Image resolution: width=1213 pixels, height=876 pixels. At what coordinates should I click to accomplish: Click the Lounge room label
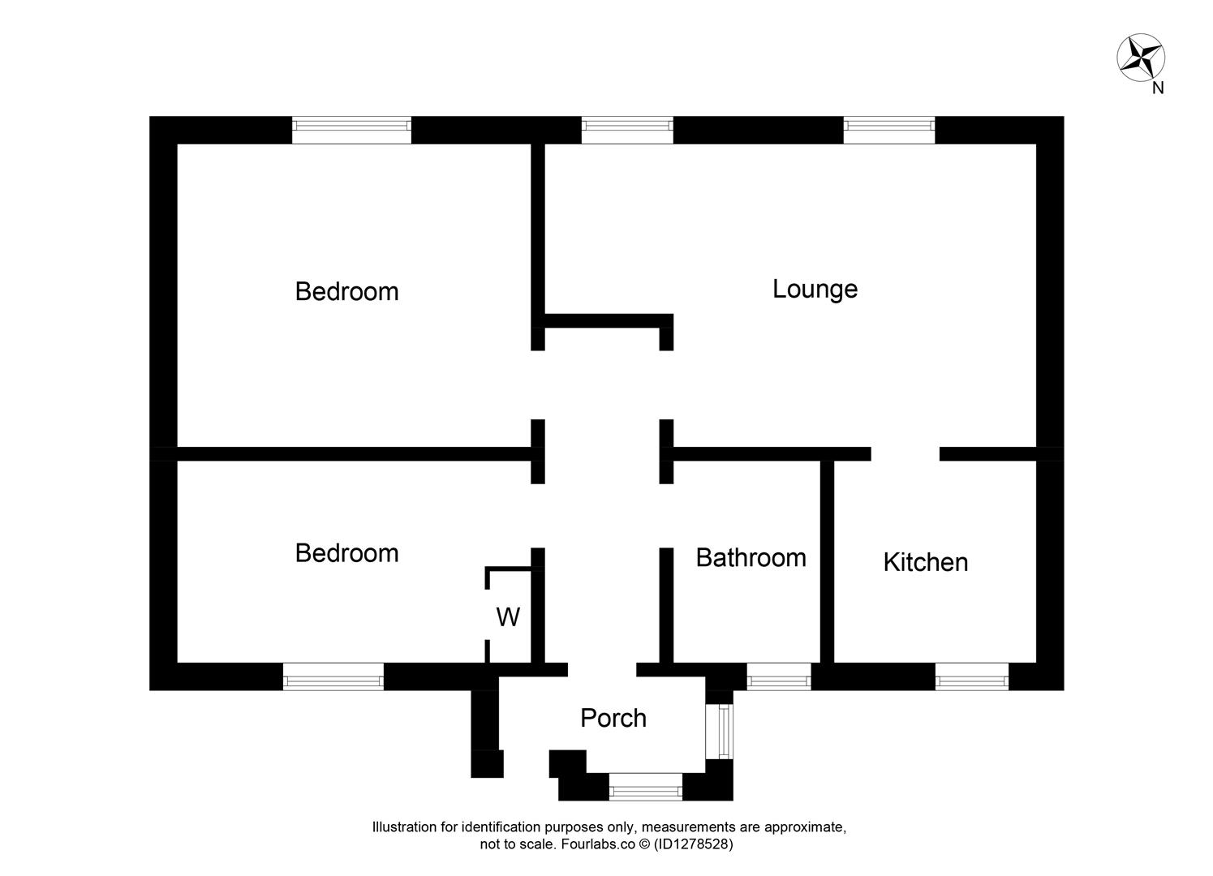[815, 289]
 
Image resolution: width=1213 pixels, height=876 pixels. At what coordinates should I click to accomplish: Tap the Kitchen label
[925, 562]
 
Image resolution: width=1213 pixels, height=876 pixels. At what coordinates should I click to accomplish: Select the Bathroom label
[751, 557]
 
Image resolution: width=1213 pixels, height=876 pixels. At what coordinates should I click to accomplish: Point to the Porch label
[613, 718]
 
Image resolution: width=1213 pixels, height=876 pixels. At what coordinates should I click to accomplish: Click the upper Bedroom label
[346, 291]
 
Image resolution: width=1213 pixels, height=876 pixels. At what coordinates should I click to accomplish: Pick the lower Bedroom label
[346, 553]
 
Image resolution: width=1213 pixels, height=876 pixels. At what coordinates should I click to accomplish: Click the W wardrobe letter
[508, 617]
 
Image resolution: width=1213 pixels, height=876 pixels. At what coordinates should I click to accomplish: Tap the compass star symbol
[1141, 58]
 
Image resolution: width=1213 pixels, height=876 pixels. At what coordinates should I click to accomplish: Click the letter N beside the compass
[1158, 88]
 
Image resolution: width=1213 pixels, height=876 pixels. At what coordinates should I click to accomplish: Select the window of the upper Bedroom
[351, 130]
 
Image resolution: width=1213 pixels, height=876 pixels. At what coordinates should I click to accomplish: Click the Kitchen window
[971, 676]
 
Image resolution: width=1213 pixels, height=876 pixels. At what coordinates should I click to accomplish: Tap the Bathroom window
[778, 676]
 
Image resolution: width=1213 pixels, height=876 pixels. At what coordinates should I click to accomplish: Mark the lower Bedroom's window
[333, 676]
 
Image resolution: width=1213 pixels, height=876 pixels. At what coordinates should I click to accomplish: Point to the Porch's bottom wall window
[646, 787]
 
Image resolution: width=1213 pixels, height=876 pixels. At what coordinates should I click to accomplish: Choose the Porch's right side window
[720, 731]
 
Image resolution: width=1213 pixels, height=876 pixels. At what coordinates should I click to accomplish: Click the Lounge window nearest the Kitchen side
[888, 130]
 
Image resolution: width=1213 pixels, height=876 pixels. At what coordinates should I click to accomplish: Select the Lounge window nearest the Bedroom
[627, 130]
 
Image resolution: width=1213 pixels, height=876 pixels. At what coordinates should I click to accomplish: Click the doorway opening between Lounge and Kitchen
[905, 454]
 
